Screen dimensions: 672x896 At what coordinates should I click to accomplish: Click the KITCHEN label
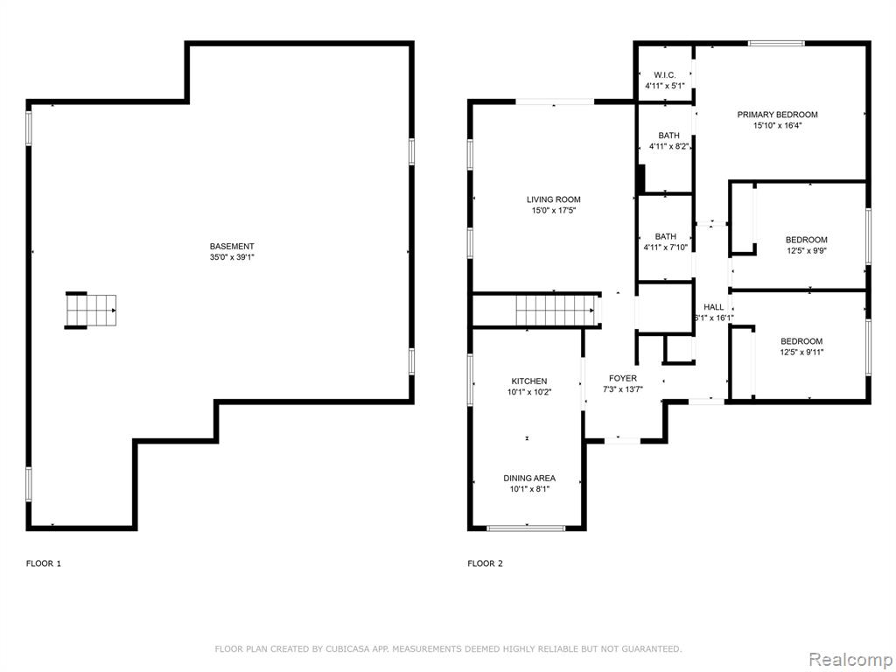pyautogui.click(x=529, y=381)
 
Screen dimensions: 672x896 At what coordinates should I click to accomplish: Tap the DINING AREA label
pyautogui.click(x=529, y=478)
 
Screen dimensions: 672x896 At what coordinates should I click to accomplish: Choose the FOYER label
pyautogui.click(x=623, y=378)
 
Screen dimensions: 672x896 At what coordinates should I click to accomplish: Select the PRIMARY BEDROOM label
pyautogui.click(x=777, y=115)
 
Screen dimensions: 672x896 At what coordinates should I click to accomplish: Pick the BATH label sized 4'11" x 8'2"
pyautogui.click(x=668, y=136)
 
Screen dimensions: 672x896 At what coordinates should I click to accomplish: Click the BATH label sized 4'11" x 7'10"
pyautogui.click(x=666, y=236)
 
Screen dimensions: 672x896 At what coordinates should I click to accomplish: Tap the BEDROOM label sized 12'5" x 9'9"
pyautogui.click(x=806, y=240)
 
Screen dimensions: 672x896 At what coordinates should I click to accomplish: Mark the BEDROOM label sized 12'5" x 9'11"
pyautogui.click(x=801, y=341)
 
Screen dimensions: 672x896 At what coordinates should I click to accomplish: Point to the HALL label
pyautogui.click(x=714, y=307)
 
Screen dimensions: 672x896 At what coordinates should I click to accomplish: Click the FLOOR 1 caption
pyautogui.click(x=44, y=563)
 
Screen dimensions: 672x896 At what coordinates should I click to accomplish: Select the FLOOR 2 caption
pyautogui.click(x=485, y=563)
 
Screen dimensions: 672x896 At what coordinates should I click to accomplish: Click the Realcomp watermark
pyautogui.click(x=850, y=658)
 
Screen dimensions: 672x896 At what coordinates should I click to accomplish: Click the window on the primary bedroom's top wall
pyautogui.click(x=776, y=43)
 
